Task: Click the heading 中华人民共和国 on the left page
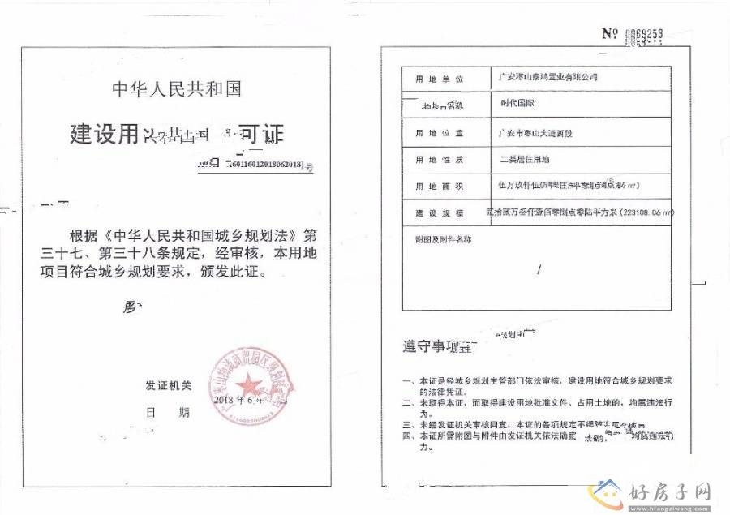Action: pyautogui.click(x=176, y=88)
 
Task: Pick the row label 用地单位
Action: pyautogui.click(x=439, y=79)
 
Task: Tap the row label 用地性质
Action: pyautogui.click(x=439, y=159)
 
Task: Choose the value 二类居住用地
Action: pyautogui.click(x=524, y=159)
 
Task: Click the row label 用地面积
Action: pyautogui.click(x=439, y=187)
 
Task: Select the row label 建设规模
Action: pyautogui.click(x=439, y=212)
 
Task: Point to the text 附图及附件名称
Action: pyautogui.click(x=443, y=239)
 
